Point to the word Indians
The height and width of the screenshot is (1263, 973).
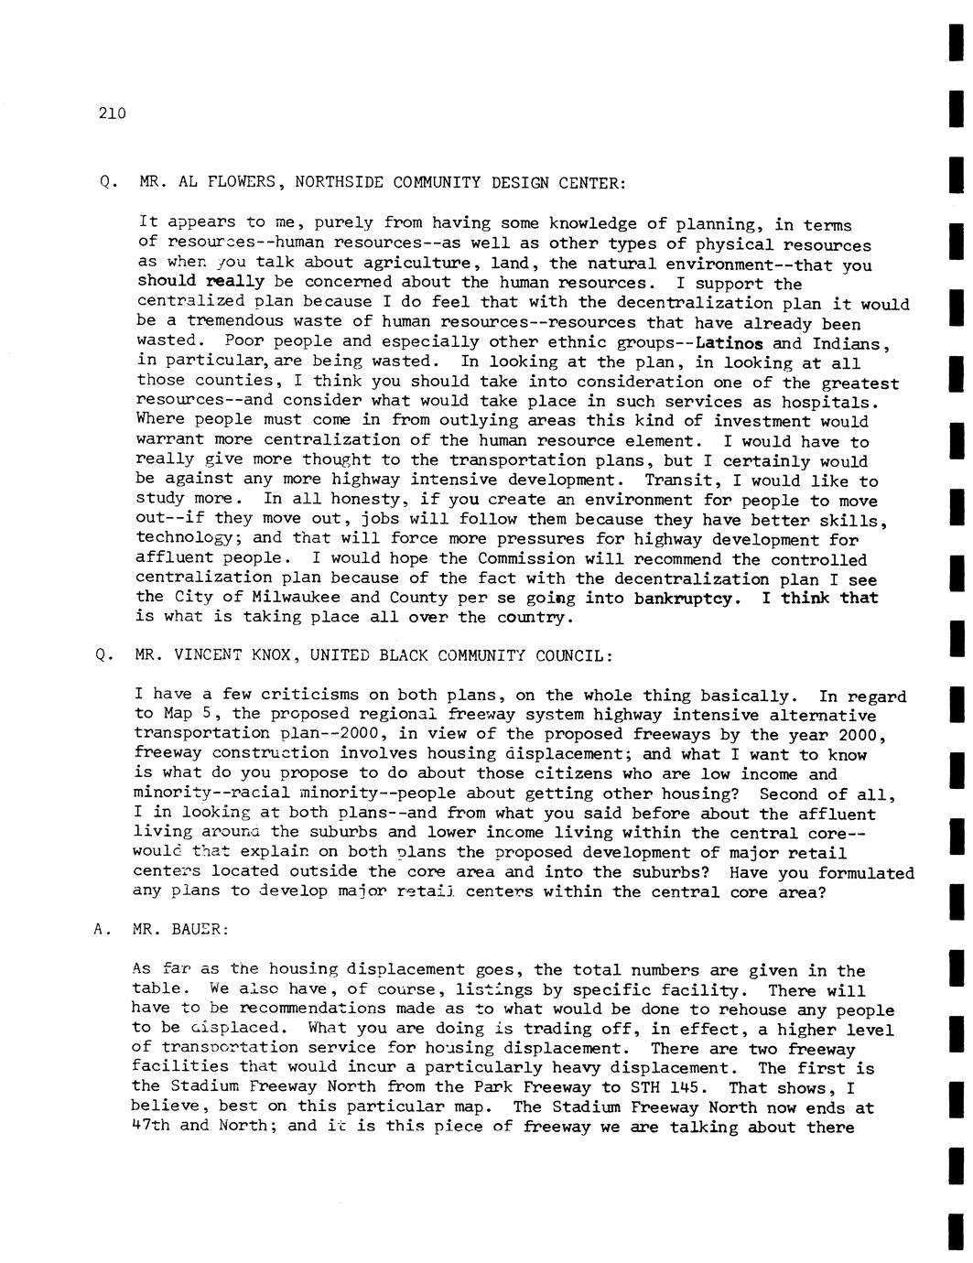850,344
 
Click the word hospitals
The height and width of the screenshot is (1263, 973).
835,403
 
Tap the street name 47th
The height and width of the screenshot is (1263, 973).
151,1127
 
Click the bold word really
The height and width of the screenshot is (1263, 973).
236,283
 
